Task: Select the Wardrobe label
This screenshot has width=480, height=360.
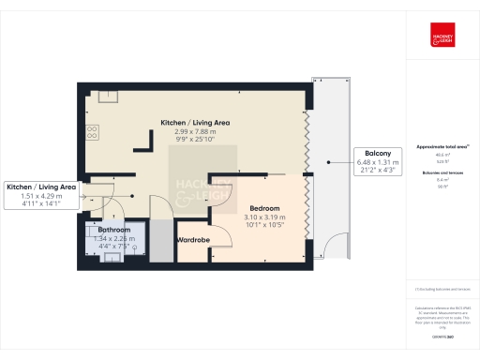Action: point(193,240)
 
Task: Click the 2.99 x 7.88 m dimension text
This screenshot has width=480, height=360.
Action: point(195,132)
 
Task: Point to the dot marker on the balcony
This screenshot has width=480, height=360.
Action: point(328,161)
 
